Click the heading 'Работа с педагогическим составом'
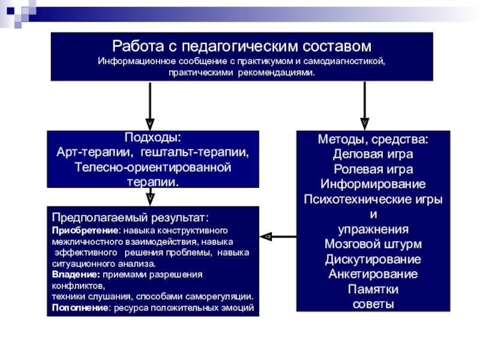pyautogui.click(x=242, y=47)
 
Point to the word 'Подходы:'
pyautogui.click(x=153, y=139)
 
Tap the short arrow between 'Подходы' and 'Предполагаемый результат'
pyautogui.click(x=150, y=196)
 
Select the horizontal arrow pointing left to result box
pyautogui.click(x=278, y=236)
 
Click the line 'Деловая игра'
pyautogui.click(x=373, y=154)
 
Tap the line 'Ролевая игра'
pyautogui.click(x=373, y=169)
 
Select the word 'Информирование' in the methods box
pyautogui.click(x=373, y=184)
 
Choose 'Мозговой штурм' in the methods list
pyautogui.click(x=373, y=244)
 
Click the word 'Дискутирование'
pyautogui.click(x=373, y=259)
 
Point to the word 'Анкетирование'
pyautogui.click(x=373, y=274)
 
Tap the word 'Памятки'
pyautogui.click(x=373, y=289)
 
